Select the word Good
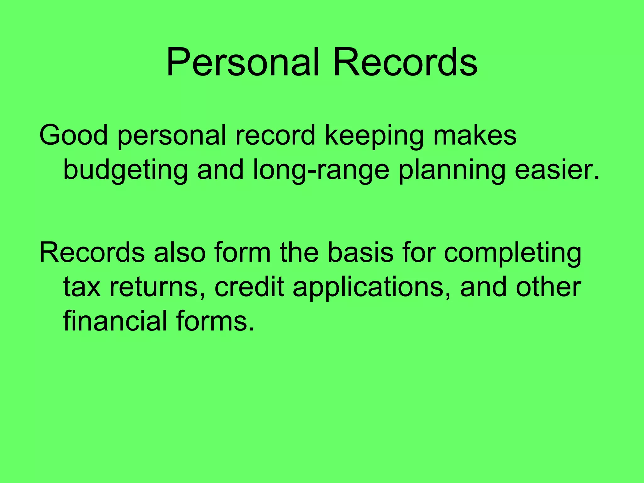coord(73,135)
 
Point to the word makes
coord(475,135)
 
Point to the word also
coord(180,253)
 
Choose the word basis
coord(360,253)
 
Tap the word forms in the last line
coord(215,321)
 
